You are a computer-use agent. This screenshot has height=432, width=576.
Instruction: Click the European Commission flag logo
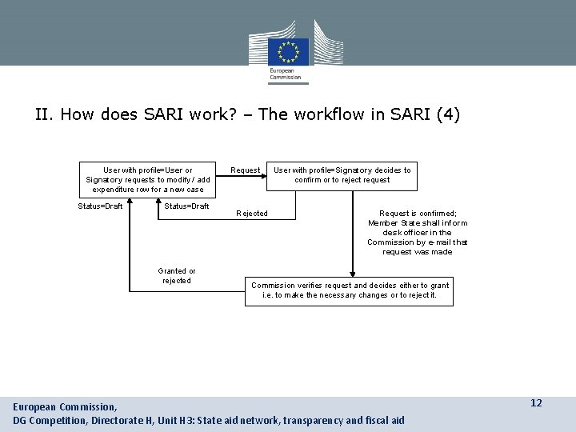288,51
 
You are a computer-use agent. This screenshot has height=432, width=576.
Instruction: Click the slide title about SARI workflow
247,114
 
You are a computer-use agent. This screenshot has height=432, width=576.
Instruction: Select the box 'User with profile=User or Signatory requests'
148,179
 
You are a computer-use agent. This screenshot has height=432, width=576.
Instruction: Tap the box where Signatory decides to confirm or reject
342,174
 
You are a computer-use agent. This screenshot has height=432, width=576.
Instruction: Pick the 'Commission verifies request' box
350,290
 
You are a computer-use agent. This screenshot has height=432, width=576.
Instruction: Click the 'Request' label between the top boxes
245,170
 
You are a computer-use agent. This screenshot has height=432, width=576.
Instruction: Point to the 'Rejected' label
252,214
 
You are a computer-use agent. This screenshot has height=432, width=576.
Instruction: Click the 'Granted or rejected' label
177,276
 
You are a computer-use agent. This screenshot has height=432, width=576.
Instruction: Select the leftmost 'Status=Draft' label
101,206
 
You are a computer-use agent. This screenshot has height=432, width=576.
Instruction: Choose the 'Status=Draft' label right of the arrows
186,206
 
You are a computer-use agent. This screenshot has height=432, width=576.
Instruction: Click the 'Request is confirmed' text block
418,233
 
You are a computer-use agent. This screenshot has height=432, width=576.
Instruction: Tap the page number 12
536,403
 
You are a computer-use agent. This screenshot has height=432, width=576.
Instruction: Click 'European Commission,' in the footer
65,407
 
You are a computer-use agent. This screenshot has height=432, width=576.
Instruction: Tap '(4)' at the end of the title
447,114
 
